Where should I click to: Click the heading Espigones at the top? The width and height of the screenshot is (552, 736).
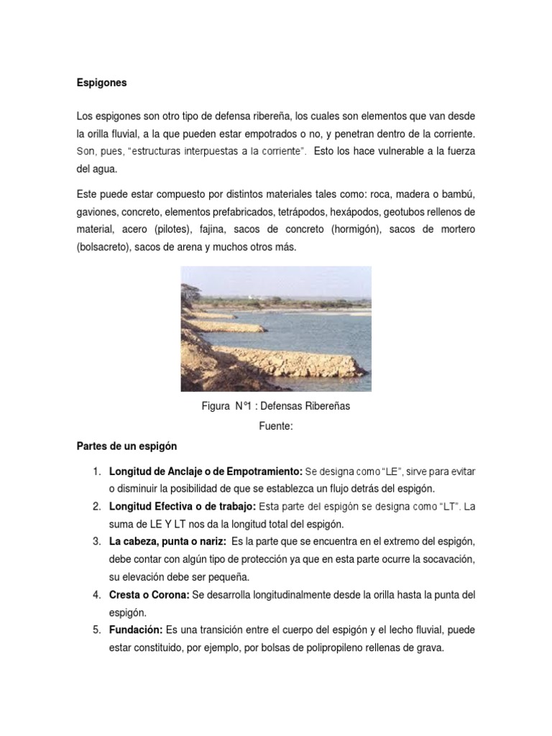coord(101,83)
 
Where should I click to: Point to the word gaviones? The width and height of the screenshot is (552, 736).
coord(96,213)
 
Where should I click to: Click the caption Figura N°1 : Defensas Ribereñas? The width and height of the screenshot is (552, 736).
coord(276,406)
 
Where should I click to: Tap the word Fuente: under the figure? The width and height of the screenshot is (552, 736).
coord(276,426)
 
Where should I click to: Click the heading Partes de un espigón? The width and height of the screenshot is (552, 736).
coord(126,446)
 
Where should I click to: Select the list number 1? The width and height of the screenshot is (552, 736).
coord(96,471)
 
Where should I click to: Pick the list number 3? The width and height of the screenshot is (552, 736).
coord(96,541)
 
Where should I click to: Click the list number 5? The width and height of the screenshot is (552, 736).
coord(96,630)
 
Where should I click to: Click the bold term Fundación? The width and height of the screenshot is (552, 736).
coord(135,630)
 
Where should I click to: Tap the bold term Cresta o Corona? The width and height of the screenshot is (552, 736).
coord(149,595)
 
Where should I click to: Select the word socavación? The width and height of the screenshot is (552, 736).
coord(448,558)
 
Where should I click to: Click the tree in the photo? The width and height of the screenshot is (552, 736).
coord(194,290)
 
